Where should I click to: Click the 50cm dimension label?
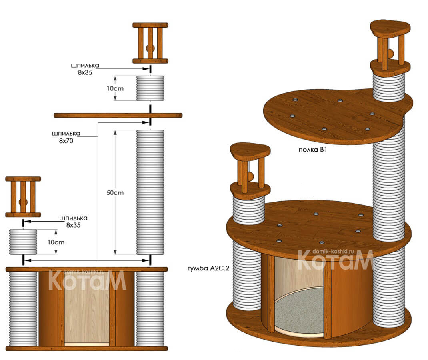pos(115,193)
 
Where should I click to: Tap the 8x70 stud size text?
pos(66,141)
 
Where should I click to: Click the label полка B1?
pos(313,150)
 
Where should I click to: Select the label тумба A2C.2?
pos(208,268)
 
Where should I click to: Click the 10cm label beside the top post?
pos(115,88)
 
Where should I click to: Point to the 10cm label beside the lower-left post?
pos(56,242)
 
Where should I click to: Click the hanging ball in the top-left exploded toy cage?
pos(150,49)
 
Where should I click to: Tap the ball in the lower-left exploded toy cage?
pos(23,202)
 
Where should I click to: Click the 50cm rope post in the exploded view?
pos(150,192)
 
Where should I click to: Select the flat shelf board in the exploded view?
pos(118,116)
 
